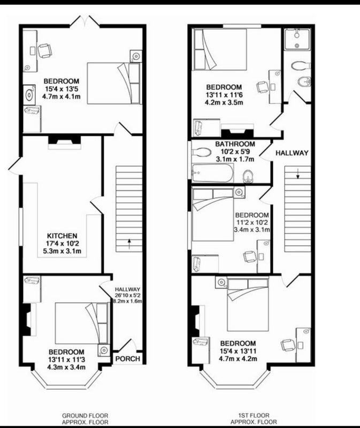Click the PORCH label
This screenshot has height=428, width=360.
[127, 358]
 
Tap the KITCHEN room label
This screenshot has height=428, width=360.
[62, 235]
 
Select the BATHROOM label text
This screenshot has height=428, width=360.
[235, 144]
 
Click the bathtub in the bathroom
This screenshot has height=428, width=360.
[213, 173]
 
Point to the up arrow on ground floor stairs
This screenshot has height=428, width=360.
[129, 243]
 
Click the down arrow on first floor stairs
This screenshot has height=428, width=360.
[298, 173]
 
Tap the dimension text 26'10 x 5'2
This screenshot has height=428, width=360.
[127, 295]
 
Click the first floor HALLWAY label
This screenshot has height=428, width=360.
[292, 153]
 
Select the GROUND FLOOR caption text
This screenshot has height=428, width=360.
[85, 416]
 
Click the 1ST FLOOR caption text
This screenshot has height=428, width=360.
[254, 416]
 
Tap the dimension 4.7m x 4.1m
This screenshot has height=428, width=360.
[61, 96]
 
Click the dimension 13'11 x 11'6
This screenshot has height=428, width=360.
[224, 95]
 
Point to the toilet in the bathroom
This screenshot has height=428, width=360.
[201, 152]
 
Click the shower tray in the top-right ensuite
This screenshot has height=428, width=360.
[297, 39]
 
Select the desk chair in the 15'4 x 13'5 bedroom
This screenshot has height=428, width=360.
[44, 50]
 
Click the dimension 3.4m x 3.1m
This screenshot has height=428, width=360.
[252, 230]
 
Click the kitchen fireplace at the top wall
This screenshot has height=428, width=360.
[65, 142]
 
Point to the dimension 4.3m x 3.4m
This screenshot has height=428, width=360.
[66, 367]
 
